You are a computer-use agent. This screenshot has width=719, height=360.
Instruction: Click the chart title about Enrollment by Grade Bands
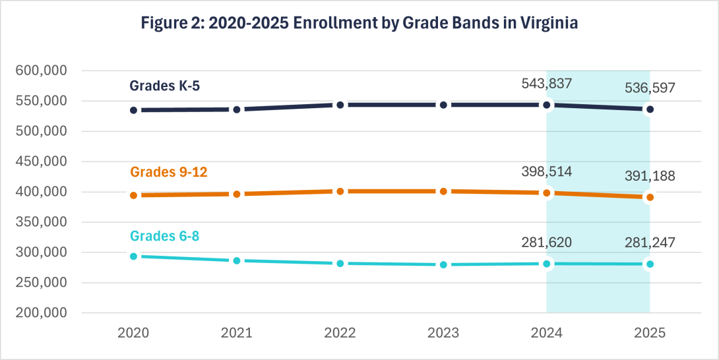[359, 23]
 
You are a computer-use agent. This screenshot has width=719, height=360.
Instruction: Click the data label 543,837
[546, 83]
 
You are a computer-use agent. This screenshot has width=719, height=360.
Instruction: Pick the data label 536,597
[650, 88]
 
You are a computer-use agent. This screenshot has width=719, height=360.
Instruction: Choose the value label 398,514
[546, 171]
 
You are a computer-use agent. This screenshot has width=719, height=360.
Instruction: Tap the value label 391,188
[650, 176]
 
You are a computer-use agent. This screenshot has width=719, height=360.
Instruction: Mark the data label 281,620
[546, 242]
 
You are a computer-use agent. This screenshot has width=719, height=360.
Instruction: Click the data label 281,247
[650, 242]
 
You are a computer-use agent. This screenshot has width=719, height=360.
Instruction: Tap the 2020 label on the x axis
[133, 334]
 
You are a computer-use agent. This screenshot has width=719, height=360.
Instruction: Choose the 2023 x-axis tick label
[443, 334]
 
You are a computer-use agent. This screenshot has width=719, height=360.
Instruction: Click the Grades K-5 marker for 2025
[650, 109]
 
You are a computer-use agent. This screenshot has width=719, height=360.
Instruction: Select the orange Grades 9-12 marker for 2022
[340, 191]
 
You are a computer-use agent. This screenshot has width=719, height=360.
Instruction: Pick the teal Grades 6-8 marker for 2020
[133, 256]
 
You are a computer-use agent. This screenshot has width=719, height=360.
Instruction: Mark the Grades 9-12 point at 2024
[546, 193]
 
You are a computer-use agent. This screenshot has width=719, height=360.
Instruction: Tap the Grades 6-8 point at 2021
[237, 261]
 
